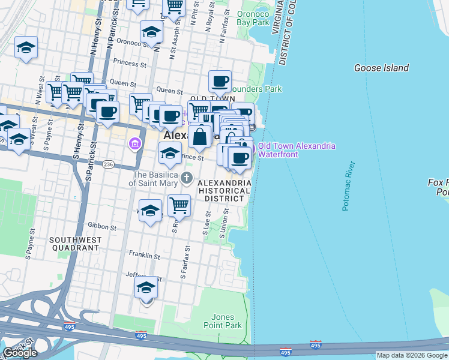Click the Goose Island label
[x=381, y=68]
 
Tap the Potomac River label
[x=349, y=186]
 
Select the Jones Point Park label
[x=226, y=321]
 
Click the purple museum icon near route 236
[x=133, y=144]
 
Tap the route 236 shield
[x=108, y=164]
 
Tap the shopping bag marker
[x=200, y=137]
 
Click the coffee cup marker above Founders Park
[x=220, y=80]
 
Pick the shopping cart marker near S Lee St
[x=179, y=205]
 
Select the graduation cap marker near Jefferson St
[x=146, y=288]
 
